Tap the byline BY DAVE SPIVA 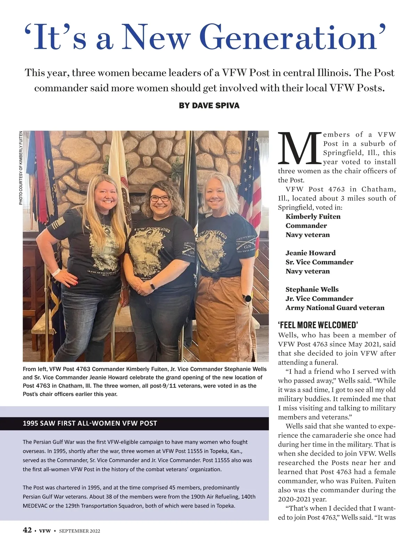(x=209, y=106)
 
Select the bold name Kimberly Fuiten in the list (x=313, y=217)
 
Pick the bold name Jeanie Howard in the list (x=310, y=253)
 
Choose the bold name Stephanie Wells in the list (x=312, y=289)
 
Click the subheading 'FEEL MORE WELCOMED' (x=318, y=325)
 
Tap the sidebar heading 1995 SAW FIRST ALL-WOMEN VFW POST (x=90, y=423)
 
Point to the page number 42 (x=27, y=530)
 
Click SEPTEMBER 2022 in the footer (x=80, y=531)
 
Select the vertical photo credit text (x=21, y=168)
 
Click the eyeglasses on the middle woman (x=160, y=198)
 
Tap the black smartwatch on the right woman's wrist (x=247, y=298)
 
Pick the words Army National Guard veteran (x=335, y=308)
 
